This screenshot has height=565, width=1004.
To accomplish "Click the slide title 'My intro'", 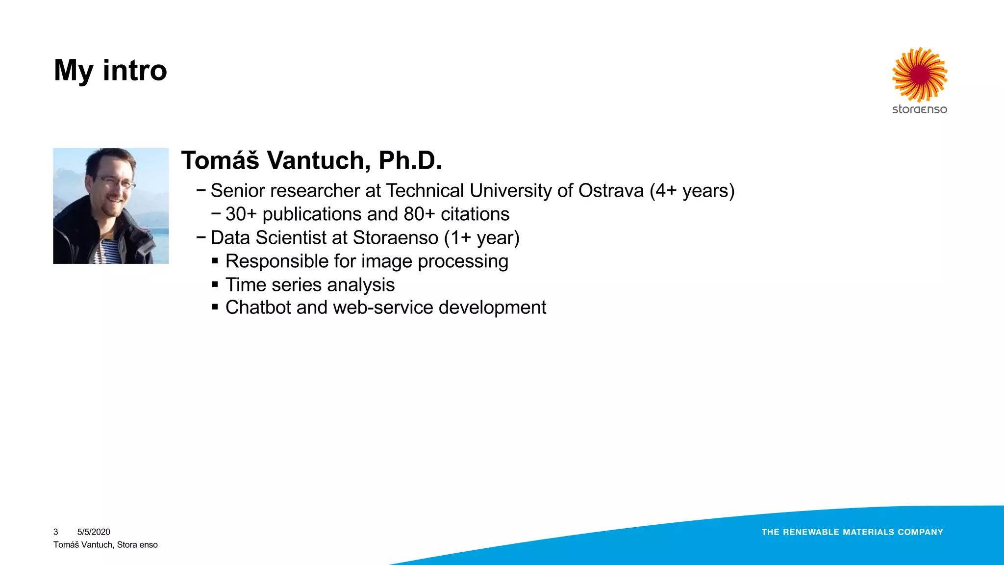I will click(110, 70).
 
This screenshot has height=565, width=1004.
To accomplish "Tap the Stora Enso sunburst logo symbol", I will click(920, 75).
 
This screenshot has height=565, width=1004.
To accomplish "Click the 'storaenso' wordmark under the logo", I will click(920, 109).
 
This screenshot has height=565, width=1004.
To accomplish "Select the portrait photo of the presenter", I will click(111, 206).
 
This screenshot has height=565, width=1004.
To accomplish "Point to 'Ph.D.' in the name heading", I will click(410, 160).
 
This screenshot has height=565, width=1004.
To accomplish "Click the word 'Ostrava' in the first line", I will click(611, 191).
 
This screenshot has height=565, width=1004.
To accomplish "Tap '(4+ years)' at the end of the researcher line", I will click(692, 191).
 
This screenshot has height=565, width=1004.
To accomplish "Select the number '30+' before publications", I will click(241, 214).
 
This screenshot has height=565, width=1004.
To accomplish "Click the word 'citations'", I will click(475, 214).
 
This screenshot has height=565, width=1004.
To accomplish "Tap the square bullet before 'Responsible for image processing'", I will click(215, 261).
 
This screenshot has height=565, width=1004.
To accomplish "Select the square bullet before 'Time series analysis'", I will click(215, 284).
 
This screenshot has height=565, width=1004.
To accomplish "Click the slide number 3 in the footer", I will click(56, 532).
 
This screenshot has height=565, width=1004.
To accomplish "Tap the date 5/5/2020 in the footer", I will click(94, 532).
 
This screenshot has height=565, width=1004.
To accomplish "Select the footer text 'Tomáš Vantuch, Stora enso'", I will click(105, 545).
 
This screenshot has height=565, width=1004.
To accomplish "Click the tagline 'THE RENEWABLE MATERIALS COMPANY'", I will click(852, 532).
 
